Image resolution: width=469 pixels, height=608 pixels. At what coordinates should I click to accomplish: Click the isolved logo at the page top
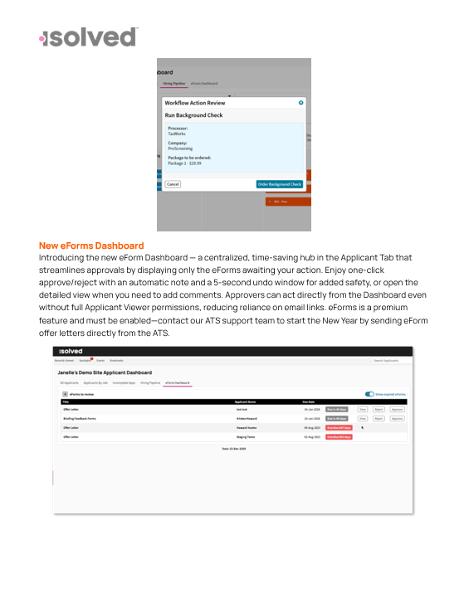88,37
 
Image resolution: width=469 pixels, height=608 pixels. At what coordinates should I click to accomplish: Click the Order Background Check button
279,184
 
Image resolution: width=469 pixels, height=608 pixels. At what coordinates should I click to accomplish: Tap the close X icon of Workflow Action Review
300,103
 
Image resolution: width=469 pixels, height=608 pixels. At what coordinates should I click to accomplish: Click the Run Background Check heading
193,115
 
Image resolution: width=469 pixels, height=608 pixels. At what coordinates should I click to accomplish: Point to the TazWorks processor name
178,134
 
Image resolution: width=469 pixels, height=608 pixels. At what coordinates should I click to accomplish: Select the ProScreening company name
181,148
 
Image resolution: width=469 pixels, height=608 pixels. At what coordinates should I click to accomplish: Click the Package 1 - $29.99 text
184,163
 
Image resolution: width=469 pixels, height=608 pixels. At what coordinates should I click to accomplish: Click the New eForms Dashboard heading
91,246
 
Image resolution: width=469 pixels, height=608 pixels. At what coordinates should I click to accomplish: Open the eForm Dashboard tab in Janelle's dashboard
176,382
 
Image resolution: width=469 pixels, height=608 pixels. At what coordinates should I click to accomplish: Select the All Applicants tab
70,382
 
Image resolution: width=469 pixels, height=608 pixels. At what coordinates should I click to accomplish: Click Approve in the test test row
396,409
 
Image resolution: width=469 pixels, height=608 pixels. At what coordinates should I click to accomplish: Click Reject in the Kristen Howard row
379,418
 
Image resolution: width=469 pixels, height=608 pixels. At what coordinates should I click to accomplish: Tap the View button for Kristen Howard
362,418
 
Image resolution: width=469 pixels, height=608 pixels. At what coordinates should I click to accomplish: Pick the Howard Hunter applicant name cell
247,427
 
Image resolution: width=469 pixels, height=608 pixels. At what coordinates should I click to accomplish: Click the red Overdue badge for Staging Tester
339,436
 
